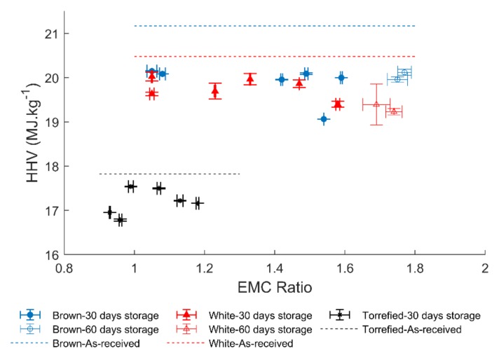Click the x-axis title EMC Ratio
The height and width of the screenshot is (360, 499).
coord(274,286)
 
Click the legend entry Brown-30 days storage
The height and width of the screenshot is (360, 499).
coord(91,315)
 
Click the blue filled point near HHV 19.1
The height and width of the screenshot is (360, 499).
coord(323,119)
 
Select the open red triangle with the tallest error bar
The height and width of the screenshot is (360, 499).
coord(376,104)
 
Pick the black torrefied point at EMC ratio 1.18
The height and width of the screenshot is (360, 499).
coord(198,203)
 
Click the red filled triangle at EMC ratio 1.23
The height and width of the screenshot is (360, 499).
coord(215,90)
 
